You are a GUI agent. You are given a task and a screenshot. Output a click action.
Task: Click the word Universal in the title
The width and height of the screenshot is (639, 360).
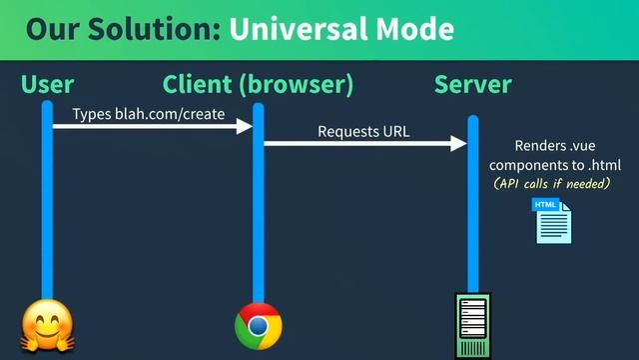[296, 28]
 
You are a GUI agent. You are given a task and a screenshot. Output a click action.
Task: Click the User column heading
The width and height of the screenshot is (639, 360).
[47, 85]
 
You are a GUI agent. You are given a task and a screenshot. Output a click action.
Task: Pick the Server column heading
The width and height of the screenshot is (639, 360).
[472, 85]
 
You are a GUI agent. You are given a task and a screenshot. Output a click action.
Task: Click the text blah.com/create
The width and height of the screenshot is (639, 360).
[170, 114]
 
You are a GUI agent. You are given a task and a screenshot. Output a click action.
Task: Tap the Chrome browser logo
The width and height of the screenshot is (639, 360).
[258, 326]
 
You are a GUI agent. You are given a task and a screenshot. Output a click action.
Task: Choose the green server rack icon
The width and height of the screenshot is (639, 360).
[472, 325]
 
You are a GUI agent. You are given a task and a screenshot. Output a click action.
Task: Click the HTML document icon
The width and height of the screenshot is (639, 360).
[552, 221]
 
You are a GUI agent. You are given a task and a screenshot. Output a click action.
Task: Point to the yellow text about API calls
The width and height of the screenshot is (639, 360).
[551, 184]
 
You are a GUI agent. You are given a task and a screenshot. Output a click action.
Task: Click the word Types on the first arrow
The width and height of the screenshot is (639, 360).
[92, 114]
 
